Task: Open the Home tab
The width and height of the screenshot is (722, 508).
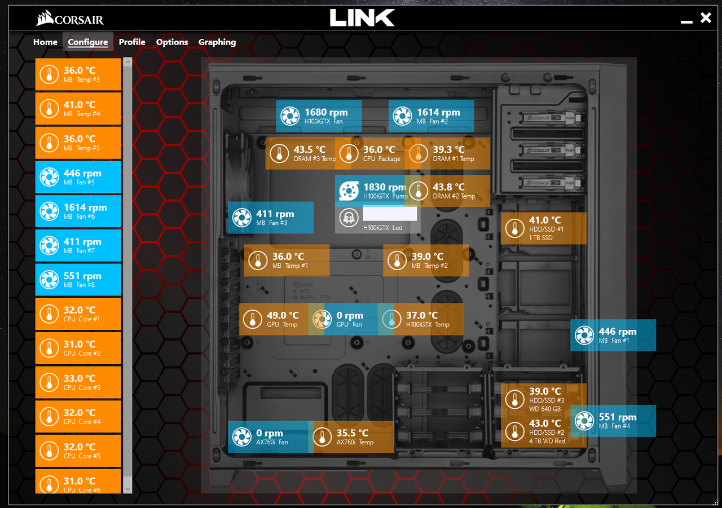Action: tap(45, 42)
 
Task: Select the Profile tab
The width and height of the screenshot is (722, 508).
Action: tap(132, 42)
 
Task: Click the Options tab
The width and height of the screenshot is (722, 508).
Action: tap(172, 42)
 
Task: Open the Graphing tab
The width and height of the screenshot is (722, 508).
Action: tap(217, 42)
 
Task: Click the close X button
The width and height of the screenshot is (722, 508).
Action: tap(706, 18)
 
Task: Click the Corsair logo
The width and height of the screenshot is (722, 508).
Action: tap(70, 20)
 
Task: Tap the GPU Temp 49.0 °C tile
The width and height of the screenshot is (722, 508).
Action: tap(274, 319)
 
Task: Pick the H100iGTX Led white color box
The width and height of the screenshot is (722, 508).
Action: tap(390, 214)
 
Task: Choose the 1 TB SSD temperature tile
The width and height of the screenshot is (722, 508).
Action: tap(543, 228)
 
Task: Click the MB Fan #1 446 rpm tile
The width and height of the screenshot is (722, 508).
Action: tap(613, 335)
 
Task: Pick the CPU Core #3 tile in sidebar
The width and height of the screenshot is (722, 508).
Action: tap(78, 382)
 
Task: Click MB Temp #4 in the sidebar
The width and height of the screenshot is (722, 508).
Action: tap(78, 108)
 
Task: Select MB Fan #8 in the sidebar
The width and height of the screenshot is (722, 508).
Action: tap(78, 280)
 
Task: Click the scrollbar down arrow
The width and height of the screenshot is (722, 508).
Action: tap(127, 489)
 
